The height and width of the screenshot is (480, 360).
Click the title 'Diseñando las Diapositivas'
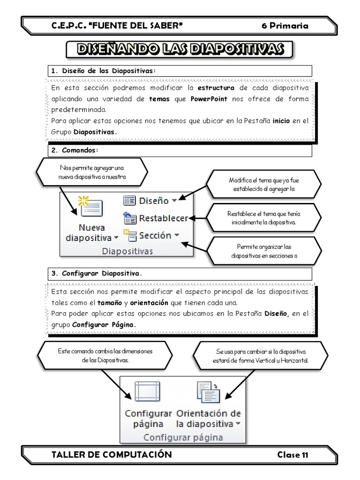(x=180, y=49)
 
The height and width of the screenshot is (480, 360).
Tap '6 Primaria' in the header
(x=285, y=26)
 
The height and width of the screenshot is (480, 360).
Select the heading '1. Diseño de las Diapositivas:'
(x=103, y=71)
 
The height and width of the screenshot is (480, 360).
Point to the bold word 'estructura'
(x=216, y=88)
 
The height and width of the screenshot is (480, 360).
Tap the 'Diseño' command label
(x=153, y=201)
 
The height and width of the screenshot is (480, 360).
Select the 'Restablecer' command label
(x=163, y=218)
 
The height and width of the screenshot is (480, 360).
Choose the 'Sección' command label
(x=155, y=235)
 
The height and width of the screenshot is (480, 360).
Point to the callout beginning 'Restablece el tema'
(x=264, y=217)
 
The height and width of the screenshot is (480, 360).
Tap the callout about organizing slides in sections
(x=264, y=251)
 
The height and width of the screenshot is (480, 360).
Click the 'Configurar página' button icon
(x=148, y=390)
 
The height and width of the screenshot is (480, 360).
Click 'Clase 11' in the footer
(x=292, y=454)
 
